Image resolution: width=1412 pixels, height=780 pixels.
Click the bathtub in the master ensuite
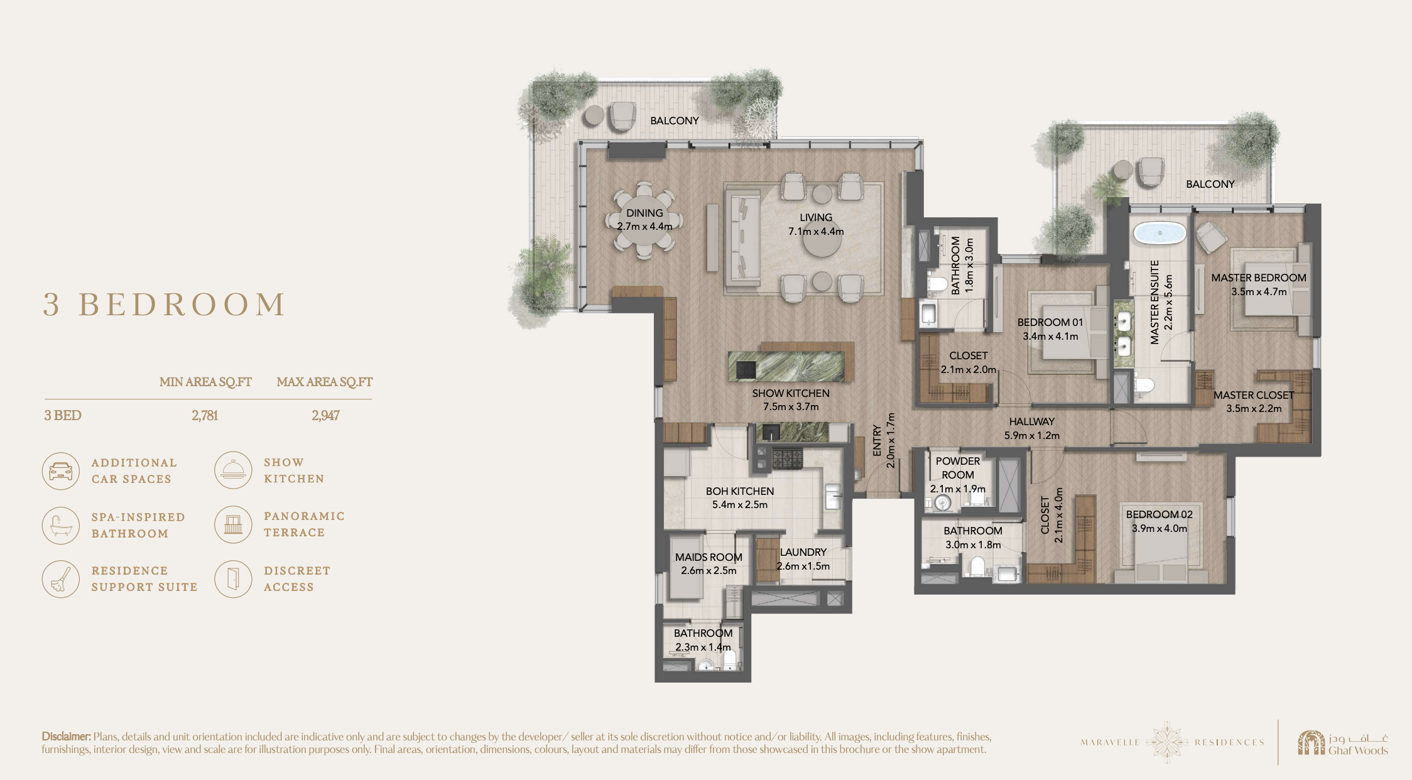pos(1159,233)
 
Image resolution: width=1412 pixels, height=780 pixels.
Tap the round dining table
pos(644,220)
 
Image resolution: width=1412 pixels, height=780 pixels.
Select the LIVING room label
pos(816,217)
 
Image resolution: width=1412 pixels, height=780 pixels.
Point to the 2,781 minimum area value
pos(205,415)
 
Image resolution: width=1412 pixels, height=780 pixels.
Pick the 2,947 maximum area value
pos(325,415)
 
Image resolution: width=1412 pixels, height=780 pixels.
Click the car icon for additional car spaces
pos(61,471)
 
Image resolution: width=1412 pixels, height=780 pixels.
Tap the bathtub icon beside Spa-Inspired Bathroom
pos(61,525)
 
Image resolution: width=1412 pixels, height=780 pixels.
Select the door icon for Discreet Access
pos(233,579)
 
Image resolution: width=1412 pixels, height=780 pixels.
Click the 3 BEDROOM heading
pos(165,305)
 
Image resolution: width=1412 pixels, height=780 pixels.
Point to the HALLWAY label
pos(1032,421)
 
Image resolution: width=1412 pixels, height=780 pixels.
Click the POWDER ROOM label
pos(958,468)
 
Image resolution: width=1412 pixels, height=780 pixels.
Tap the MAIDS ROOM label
pos(709,557)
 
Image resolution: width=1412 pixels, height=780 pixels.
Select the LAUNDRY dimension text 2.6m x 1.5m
pos(803,566)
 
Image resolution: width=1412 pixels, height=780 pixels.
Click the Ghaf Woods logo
pos(1343,742)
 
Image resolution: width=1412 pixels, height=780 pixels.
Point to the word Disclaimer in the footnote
pos(67,736)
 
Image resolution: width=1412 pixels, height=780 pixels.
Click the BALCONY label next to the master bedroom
pos(1210,184)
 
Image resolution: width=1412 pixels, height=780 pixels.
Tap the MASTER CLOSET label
pos(1254,395)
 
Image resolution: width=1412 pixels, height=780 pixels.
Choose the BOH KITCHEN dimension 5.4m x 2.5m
pos(740,504)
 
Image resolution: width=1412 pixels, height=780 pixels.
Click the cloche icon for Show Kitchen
pos(233,470)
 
